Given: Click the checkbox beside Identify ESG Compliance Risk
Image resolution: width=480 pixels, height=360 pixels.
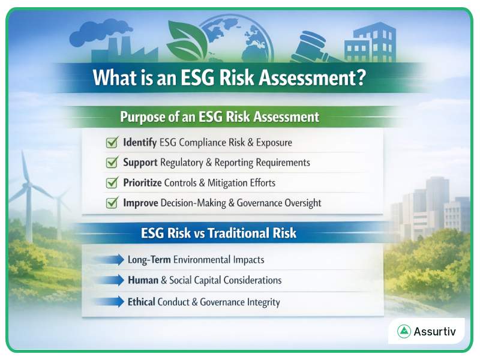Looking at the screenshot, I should click(111, 143).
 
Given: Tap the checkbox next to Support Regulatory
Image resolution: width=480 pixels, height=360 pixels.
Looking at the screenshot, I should click(111, 163).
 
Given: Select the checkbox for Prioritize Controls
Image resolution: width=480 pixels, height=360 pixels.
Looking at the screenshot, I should click(111, 182).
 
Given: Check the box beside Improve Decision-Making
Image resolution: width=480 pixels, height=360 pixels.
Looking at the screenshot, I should click(111, 203).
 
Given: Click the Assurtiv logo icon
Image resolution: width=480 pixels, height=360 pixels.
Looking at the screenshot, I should click(404, 331).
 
